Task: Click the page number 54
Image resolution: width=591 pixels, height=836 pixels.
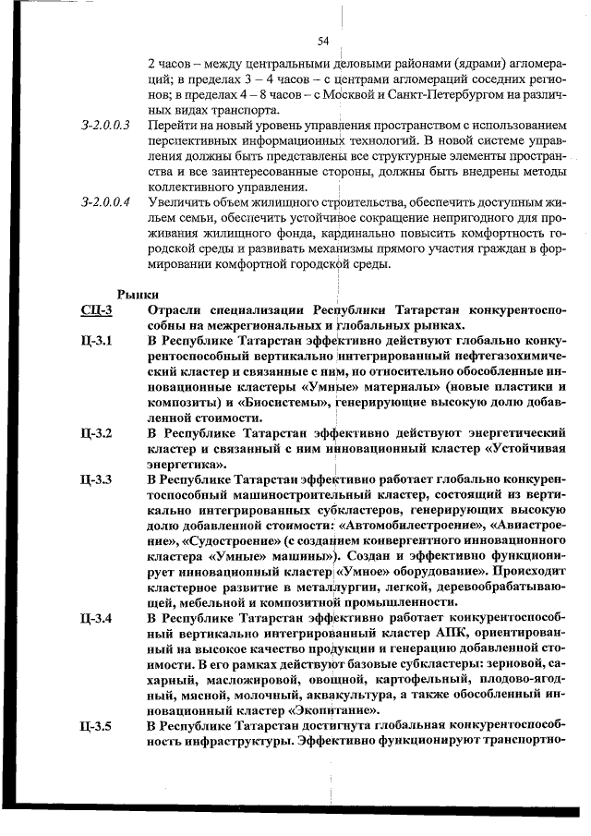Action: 323,41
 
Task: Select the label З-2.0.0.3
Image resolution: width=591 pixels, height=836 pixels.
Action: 105,124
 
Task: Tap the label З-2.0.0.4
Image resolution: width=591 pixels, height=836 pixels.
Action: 105,200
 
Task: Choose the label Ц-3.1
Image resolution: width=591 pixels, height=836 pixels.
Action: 97,342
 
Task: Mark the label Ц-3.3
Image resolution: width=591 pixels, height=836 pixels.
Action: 97,479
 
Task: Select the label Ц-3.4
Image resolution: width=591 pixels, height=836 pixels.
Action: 97,618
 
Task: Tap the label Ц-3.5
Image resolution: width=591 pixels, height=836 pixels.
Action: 97,727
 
